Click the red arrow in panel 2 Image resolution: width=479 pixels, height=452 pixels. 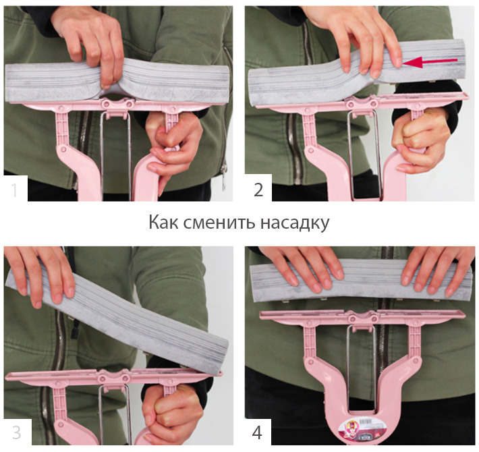[430, 62]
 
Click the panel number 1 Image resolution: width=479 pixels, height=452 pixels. [13, 190]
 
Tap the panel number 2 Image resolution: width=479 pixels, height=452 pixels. [258, 190]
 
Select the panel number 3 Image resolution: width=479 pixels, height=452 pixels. [16, 432]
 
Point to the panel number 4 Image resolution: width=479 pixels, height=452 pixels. [257, 432]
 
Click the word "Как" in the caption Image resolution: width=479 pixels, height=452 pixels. [163, 222]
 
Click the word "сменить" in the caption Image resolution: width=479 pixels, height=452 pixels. [219, 223]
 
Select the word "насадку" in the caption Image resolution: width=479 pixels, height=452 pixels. [295, 223]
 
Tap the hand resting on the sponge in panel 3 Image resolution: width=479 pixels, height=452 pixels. [40, 275]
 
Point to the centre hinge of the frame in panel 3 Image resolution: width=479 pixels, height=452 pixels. [113, 376]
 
